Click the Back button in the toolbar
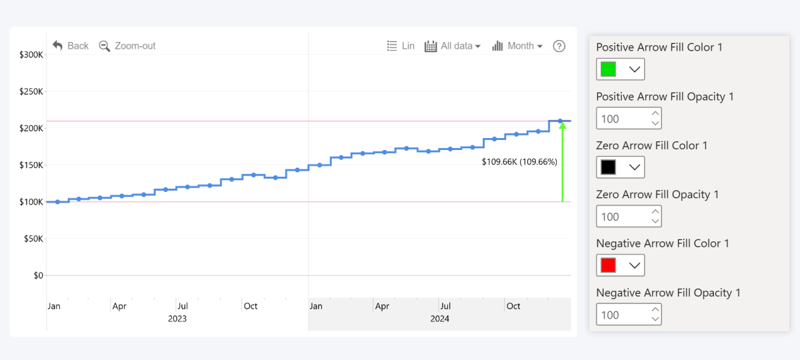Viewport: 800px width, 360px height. pos(71,46)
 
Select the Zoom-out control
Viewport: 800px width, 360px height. pos(127,46)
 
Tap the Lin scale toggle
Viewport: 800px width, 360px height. pos(401,46)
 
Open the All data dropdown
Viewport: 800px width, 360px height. pos(453,46)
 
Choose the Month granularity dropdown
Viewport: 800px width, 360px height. pos(517,46)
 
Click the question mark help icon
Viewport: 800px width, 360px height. pos(559,46)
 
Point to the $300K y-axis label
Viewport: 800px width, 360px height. pos(31,55)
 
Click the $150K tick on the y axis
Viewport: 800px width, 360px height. pos(31,165)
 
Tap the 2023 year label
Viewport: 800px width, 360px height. pos(177,319)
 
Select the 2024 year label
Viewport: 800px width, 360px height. pos(439,319)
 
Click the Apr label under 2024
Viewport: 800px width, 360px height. pos(382,306)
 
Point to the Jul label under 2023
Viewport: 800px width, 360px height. pos(182,306)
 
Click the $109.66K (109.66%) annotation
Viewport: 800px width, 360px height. pos(519,162)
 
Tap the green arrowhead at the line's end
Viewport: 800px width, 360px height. pos(563,125)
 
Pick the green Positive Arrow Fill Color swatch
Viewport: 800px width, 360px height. pos(608,69)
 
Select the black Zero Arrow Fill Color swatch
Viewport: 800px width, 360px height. pos(608,167)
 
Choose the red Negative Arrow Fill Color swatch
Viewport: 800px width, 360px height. pos(608,265)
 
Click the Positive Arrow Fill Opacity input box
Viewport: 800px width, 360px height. pos(622,119)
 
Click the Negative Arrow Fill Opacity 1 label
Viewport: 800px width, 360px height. pos(668,293)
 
